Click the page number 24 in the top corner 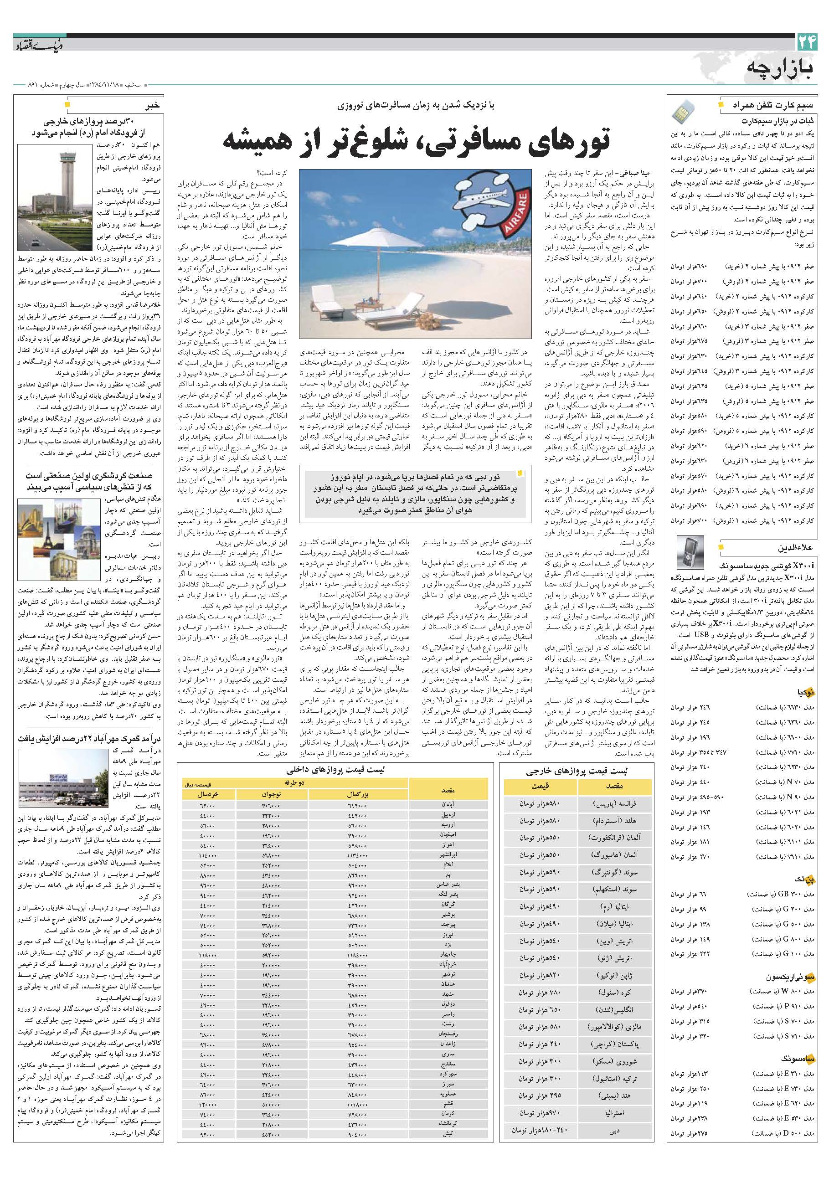point(806,44)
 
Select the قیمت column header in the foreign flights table point(540,786)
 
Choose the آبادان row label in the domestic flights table point(448,804)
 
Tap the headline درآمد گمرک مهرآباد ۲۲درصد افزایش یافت point(90,739)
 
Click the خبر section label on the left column point(153,106)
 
